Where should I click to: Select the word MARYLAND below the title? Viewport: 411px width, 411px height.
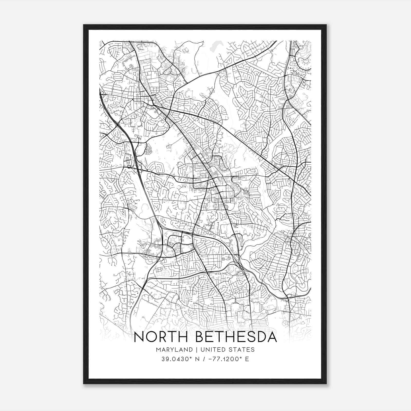(x=174, y=350)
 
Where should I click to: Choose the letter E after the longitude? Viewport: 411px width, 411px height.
(x=247, y=359)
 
